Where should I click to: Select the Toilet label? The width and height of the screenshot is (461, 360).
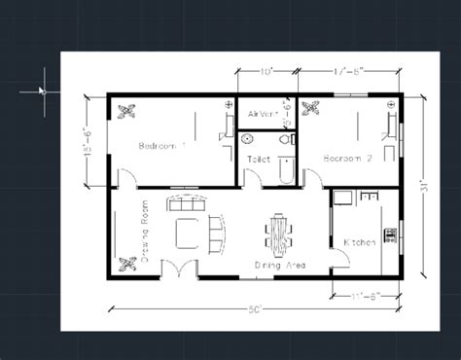(x=259, y=158)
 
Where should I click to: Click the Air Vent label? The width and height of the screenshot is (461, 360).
(x=263, y=114)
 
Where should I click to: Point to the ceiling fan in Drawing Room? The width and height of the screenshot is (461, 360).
(x=126, y=262)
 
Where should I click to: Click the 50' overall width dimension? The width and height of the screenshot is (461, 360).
(x=254, y=308)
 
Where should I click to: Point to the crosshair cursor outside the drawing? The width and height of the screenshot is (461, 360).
(x=42, y=90)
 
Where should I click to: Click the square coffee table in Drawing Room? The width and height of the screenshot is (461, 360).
(x=187, y=234)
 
